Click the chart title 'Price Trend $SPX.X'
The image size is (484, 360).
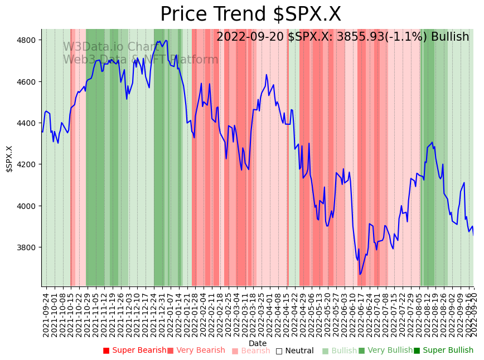click(250, 14)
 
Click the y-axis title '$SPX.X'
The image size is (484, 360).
click(9, 159)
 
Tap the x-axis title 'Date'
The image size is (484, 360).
click(258, 343)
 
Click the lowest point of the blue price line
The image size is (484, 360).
click(360, 274)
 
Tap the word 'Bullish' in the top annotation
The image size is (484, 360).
click(448, 37)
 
